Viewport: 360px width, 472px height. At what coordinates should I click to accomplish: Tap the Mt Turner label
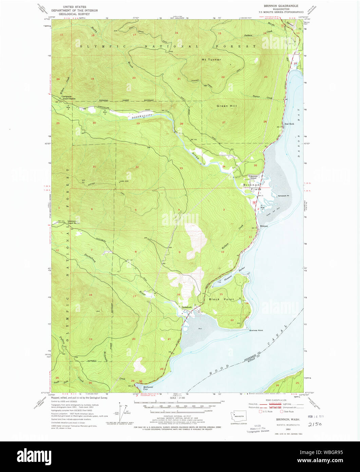pos(211,60)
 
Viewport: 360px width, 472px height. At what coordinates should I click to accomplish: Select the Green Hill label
pos(227,106)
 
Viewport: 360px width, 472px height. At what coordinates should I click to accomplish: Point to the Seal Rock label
pos(289,124)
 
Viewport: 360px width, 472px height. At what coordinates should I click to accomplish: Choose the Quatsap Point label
pos(256,330)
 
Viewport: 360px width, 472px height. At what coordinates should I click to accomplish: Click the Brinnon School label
pos(255,177)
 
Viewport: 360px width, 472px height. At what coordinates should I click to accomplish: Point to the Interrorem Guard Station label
pos(74,222)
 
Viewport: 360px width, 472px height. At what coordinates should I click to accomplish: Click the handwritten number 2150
pos(315,424)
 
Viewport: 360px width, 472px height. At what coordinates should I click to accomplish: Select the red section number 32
pos(137,167)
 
